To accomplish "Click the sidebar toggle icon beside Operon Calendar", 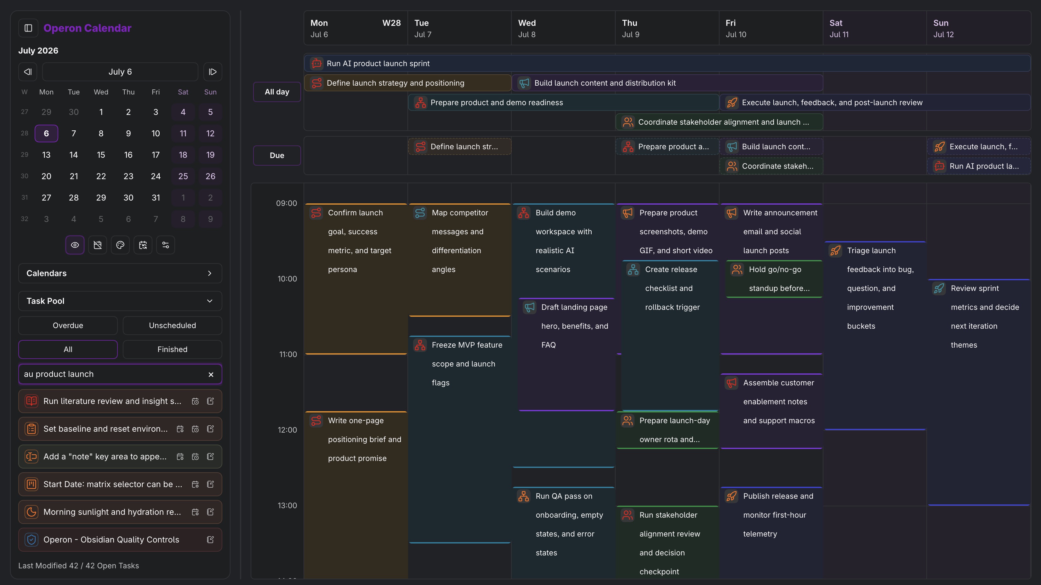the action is tap(28, 28).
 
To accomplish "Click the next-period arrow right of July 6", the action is tap(213, 72).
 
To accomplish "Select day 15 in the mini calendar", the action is tap(101, 155).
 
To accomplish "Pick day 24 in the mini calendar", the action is tap(156, 176).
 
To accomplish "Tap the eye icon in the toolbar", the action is tap(75, 245).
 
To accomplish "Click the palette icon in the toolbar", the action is tap(120, 245).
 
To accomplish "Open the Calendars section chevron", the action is tap(209, 273).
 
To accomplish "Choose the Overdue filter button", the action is tap(68, 325).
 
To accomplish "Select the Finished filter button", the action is tap(173, 349).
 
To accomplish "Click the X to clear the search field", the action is tap(211, 374).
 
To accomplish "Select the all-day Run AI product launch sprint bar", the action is tap(667, 63).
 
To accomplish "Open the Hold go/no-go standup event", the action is tap(774, 279).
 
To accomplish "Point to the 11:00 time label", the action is tap(288, 354).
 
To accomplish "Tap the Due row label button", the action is tap(277, 156).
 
